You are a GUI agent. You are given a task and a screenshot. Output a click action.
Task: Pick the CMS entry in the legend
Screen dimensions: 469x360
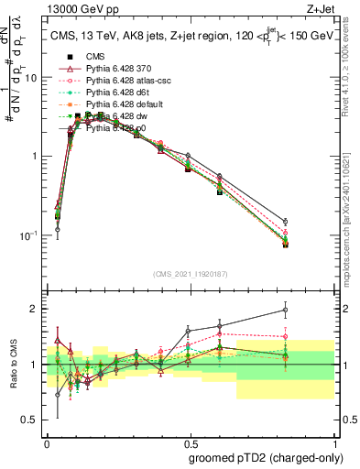96,57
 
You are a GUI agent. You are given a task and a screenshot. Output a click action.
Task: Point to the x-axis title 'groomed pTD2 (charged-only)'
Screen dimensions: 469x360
259,457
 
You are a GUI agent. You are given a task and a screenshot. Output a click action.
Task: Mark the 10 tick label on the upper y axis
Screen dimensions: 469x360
31,78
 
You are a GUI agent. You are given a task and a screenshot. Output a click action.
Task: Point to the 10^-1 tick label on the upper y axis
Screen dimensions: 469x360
28,235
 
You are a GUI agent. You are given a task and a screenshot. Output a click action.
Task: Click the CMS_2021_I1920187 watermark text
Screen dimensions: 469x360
191,273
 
